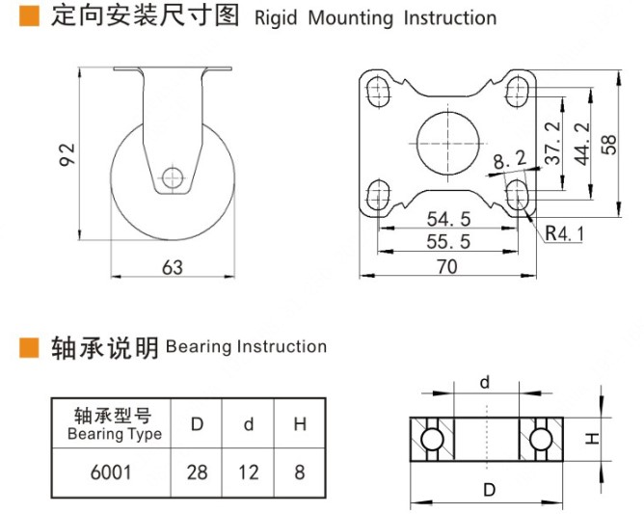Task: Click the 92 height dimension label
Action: [x=66, y=153]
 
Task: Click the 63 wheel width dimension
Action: [x=173, y=267]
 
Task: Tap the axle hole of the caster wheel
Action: [x=173, y=177]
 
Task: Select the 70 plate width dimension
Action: [x=447, y=267]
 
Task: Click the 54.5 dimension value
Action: [x=447, y=221]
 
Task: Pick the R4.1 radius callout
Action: [x=565, y=232]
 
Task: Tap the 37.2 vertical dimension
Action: [x=552, y=143]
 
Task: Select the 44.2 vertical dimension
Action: [x=580, y=143]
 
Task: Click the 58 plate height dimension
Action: [x=607, y=143]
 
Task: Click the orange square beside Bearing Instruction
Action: [x=29, y=347]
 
